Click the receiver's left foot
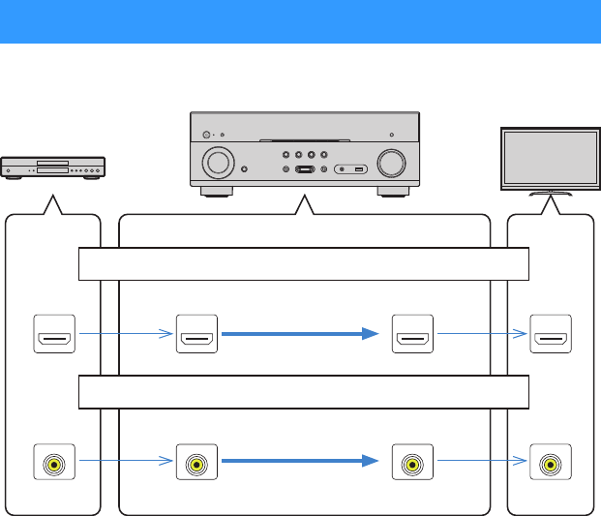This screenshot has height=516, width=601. coord(217,192)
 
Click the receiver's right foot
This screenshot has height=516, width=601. coord(393,192)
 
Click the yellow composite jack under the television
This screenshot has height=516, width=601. coord(551,464)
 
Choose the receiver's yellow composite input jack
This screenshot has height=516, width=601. coord(196,464)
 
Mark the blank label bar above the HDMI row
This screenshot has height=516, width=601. coord(303,263)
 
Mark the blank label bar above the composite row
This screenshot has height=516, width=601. coord(303,392)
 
